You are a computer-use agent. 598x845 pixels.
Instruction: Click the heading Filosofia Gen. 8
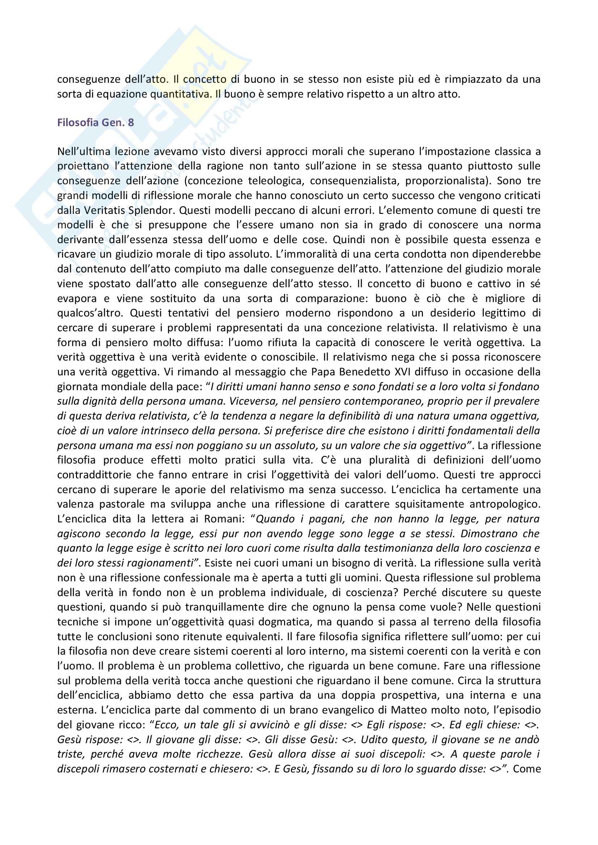pyautogui.click(x=96, y=122)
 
